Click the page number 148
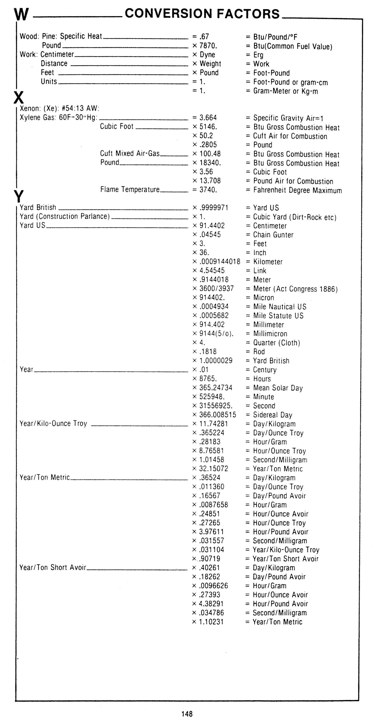(187, 714)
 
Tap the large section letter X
(19, 98)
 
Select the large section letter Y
(19, 196)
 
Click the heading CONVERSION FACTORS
(202, 14)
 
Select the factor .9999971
(214, 208)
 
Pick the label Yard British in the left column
(38, 207)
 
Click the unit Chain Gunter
(273, 235)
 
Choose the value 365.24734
(216, 388)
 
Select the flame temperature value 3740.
(208, 190)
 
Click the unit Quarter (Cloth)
(277, 343)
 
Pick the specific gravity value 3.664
(208, 118)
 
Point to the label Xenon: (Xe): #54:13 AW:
(59, 109)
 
